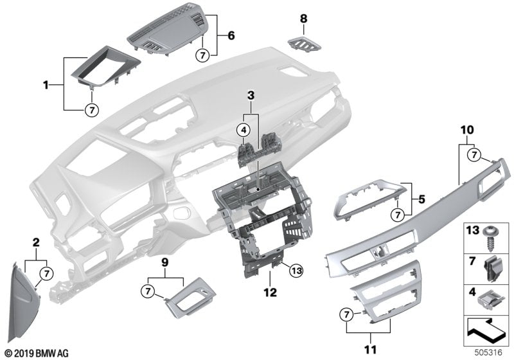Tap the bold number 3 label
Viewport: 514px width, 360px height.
coord(250,96)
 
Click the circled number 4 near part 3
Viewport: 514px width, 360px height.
coord(244,130)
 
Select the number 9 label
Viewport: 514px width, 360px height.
coord(165,262)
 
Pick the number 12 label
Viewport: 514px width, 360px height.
coord(270,293)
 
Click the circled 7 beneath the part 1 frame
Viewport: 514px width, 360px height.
coord(91,110)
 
